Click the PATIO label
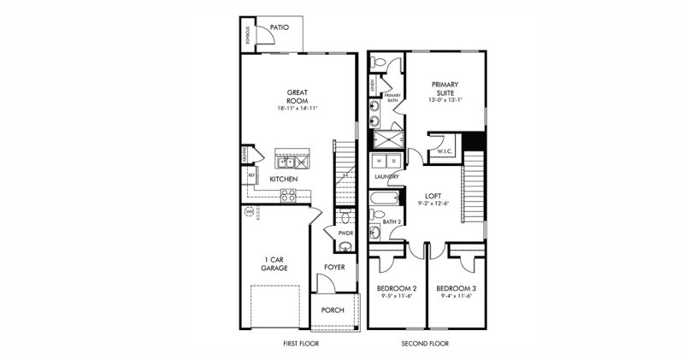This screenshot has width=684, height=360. click(279, 27)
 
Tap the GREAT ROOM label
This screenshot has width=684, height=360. click(297, 95)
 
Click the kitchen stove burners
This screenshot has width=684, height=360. click(288, 194)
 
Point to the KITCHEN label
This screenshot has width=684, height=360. click(283, 179)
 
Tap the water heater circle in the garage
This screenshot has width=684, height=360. click(250, 210)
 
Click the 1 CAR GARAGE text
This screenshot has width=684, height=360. click(274, 263)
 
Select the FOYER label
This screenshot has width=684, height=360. click(334, 267)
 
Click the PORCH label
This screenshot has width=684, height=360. click(333, 310)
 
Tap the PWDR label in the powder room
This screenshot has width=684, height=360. click(345, 232)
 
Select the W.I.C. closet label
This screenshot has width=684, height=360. click(445, 151)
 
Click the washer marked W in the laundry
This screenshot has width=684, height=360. click(379, 160)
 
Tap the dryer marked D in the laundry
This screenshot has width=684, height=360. click(393, 160)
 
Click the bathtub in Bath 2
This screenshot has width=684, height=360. click(384, 200)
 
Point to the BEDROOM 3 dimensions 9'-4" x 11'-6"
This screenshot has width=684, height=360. click(456, 297)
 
